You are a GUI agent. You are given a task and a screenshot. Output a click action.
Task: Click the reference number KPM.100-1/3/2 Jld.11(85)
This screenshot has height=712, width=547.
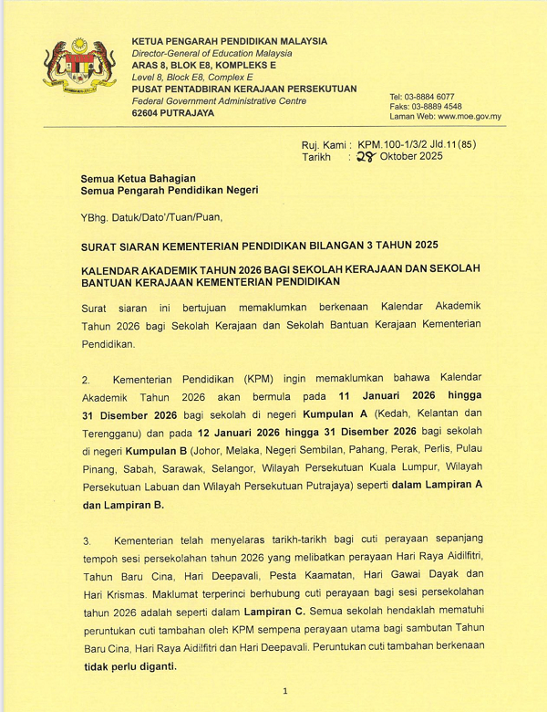(x=417, y=144)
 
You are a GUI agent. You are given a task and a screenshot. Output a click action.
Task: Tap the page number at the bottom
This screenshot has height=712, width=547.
(x=285, y=692)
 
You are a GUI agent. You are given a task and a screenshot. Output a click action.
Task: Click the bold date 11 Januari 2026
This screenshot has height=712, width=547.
(x=381, y=397)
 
